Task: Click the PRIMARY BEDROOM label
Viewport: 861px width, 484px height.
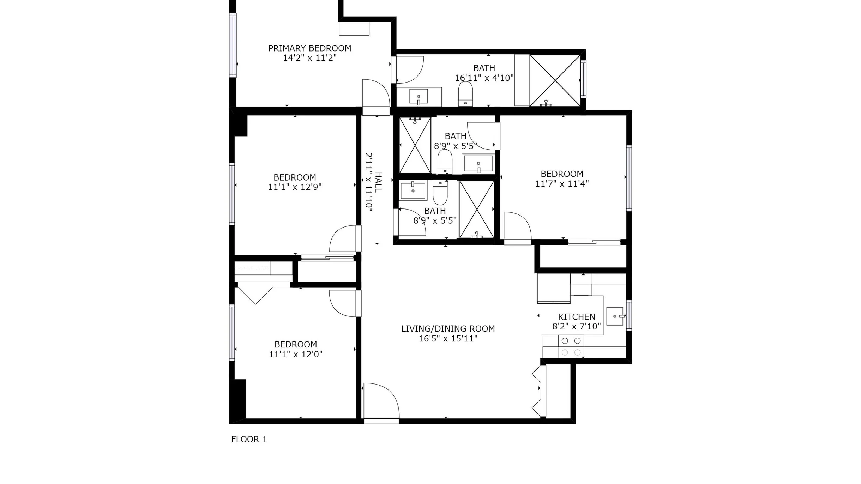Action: click(x=310, y=48)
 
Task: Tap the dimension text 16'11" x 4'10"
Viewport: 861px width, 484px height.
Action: click(x=484, y=78)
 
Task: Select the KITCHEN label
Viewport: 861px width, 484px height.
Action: click(x=577, y=317)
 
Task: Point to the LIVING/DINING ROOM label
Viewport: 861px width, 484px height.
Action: click(x=448, y=329)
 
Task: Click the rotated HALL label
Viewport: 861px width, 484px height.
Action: click(x=378, y=182)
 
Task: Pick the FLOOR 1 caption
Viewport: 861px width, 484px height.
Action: click(x=249, y=439)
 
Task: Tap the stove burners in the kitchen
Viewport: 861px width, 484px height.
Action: click(x=571, y=346)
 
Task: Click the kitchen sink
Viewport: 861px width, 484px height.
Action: click(x=615, y=316)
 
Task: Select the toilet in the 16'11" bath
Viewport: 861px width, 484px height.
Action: click(x=465, y=94)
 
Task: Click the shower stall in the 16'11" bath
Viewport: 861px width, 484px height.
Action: click(x=555, y=80)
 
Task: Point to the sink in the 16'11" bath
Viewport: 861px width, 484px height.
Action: click(x=419, y=96)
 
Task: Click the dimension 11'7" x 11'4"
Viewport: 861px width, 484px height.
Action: click(x=562, y=184)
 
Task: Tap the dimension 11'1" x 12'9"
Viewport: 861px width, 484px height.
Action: click(x=295, y=187)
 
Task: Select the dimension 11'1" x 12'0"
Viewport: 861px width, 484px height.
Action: click(x=296, y=354)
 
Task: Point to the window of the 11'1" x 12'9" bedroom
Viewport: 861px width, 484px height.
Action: click(x=232, y=194)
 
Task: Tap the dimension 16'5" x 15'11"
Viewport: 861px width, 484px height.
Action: click(x=448, y=339)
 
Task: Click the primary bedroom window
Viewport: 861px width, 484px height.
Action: click(x=233, y=45)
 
